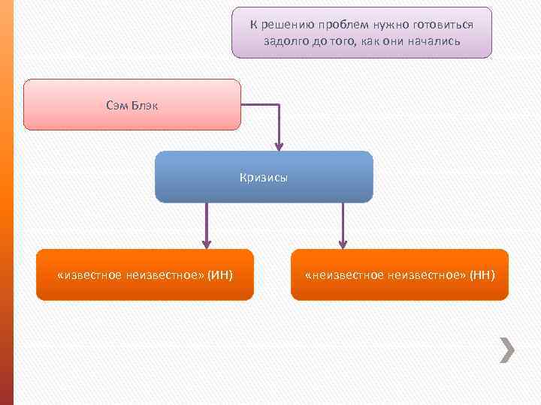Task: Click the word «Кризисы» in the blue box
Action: [264, 178]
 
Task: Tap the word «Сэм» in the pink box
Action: [117, 105]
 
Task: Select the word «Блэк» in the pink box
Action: [144, 105]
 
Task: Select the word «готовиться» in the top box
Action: [446, 24]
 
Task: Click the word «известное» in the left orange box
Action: [84, 274]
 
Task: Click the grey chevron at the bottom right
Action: [507, 349]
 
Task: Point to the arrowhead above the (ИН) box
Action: [207, 243]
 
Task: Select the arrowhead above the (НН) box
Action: [343, 243]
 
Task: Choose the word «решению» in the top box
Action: [285, 24]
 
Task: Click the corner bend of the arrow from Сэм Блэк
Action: [279, 105]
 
